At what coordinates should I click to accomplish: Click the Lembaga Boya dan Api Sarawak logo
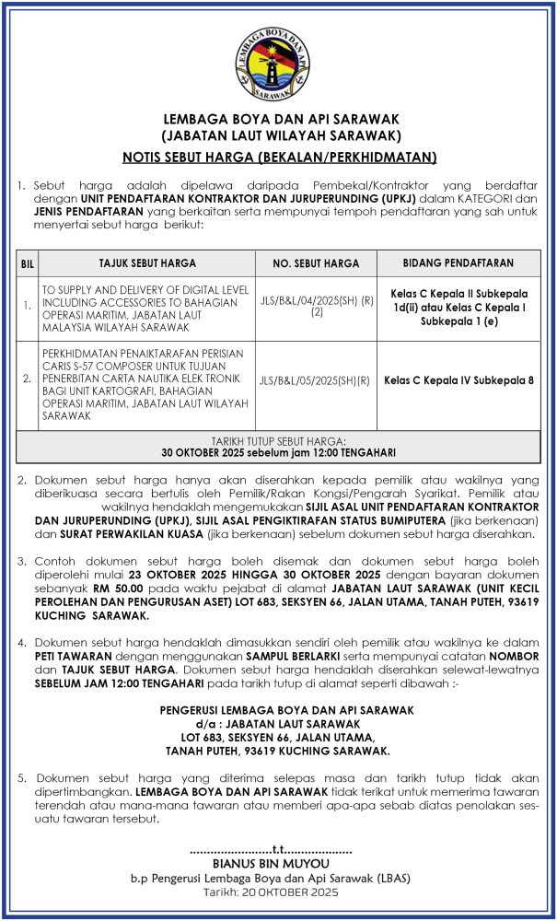click(279, 63)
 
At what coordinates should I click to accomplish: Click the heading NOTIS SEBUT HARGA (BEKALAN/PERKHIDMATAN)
click(279, 157)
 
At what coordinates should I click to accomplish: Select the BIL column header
click(28, 264)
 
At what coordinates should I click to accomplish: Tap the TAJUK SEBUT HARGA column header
click(147, 263)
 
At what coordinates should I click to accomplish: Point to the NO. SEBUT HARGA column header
click(316, 263)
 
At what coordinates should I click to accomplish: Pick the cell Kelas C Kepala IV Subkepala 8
click(458, 380)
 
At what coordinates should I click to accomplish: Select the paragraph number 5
click(21, 778)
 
